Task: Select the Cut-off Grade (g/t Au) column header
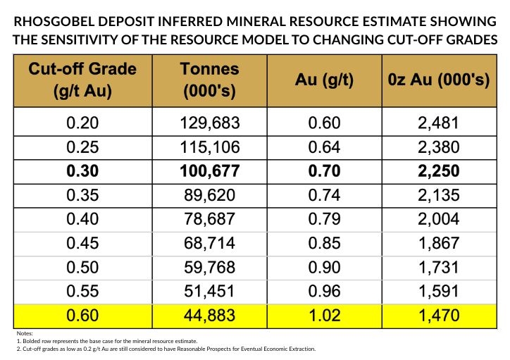[82, 80]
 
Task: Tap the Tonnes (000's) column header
[209, 80]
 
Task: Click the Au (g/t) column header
[323, 80]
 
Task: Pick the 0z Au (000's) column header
[438, 80]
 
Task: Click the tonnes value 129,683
[209, 123]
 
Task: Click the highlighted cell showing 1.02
[324, 316]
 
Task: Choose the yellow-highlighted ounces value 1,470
[438, 316]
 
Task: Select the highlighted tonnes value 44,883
[209, 316]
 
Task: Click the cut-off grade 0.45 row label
[82, 244]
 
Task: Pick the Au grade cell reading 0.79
[324, 220]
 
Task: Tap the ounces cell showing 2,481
[438, 123]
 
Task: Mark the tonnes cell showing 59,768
[209, 268]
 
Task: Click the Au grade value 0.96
[324, 292]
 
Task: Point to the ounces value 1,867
[438, 244]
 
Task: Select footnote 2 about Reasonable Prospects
[165, 349]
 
